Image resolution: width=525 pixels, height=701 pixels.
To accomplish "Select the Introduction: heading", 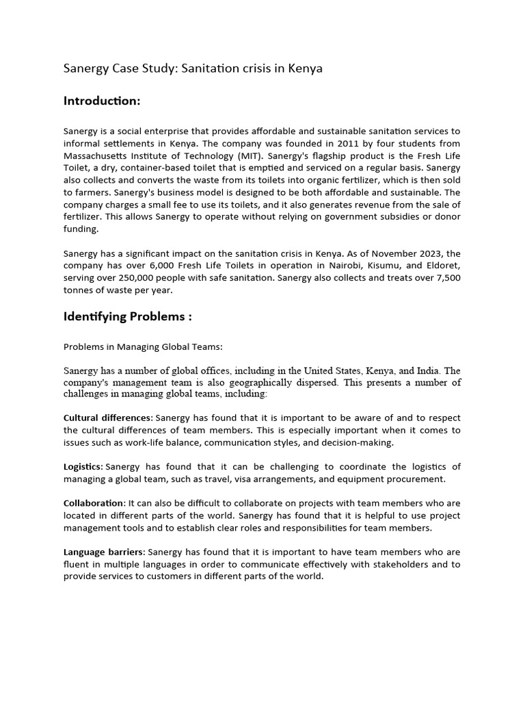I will (x=102, y=101).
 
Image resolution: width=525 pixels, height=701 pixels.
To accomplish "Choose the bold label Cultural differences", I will (x=108, y=418).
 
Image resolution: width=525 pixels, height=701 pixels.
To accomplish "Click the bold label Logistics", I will (x=83, y=467).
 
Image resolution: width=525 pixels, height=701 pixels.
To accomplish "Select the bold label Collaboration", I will (x=94, y=503).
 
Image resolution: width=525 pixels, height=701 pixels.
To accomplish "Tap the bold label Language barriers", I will (x=104, y=552).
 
